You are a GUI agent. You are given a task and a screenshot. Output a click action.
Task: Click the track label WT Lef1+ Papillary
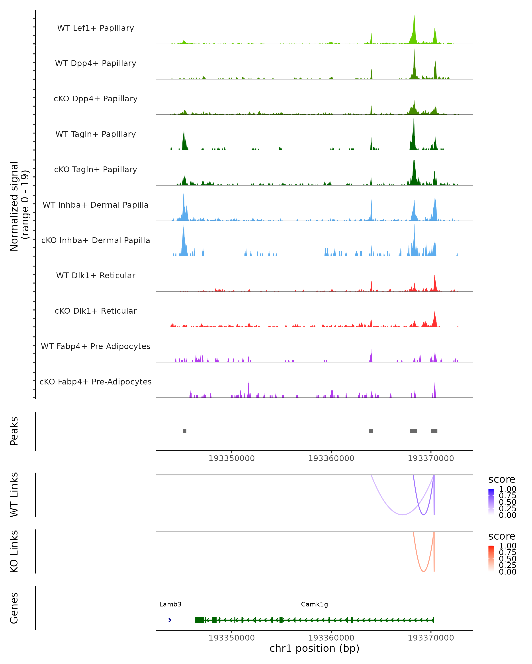coord(96,28)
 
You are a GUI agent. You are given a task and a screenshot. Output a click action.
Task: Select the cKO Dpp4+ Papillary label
coord(96,98)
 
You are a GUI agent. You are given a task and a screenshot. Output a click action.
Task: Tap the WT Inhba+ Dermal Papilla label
coord(96,205)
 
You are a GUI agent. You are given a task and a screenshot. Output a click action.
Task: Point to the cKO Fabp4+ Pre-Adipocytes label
coord(96,382)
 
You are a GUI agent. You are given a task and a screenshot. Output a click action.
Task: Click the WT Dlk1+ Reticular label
coord(96,276)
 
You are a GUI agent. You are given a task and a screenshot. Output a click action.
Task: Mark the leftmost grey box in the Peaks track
coord(185,431)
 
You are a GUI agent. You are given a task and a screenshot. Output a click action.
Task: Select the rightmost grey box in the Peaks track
coord(434,431)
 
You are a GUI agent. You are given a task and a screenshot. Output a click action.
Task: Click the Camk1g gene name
coord(314,604)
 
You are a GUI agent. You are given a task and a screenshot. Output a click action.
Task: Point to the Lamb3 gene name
coord(170,604)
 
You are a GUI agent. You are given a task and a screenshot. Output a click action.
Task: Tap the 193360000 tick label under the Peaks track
coord(331,458)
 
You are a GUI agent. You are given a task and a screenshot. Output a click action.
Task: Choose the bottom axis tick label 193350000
coord(232,638)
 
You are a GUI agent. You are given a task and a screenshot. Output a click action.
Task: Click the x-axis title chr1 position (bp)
coord(314,649)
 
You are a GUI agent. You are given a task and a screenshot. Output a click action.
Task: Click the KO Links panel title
coord(14,551)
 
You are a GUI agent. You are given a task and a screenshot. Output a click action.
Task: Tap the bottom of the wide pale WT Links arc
coord(403,515)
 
